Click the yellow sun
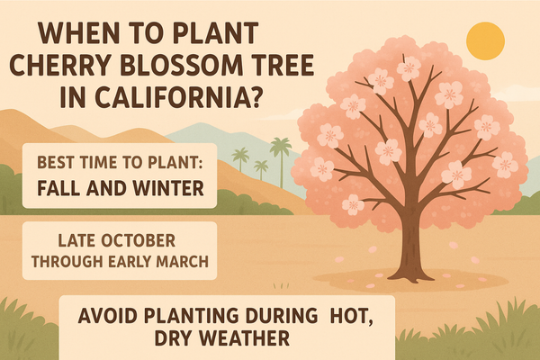(485, 40)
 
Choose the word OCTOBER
(139, 240)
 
